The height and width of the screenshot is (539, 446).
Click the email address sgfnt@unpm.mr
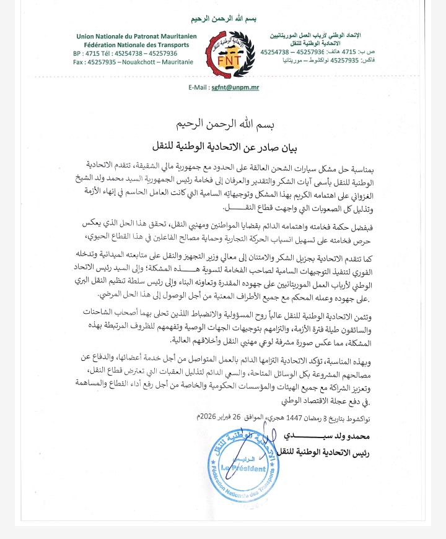tap(235, 88)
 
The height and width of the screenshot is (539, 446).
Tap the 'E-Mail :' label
tap(200, 88)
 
